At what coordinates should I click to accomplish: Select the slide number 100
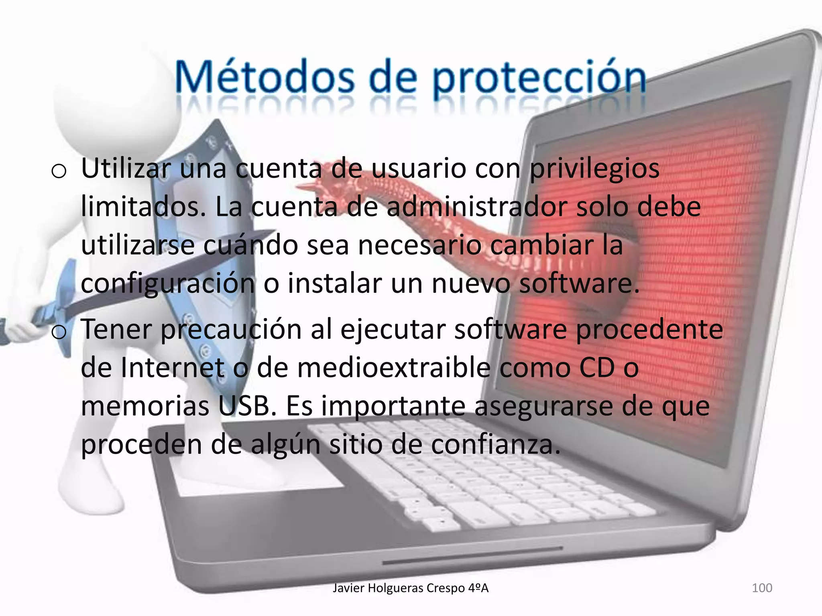[x=762, y=588]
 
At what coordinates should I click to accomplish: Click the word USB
[x=244, y=406]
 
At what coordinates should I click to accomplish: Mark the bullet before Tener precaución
[x=59, y=332]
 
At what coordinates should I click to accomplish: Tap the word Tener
[x=117, y=329]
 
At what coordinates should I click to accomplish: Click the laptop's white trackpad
[x=257, y=477]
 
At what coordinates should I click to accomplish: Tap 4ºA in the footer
[x=478, y=588]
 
